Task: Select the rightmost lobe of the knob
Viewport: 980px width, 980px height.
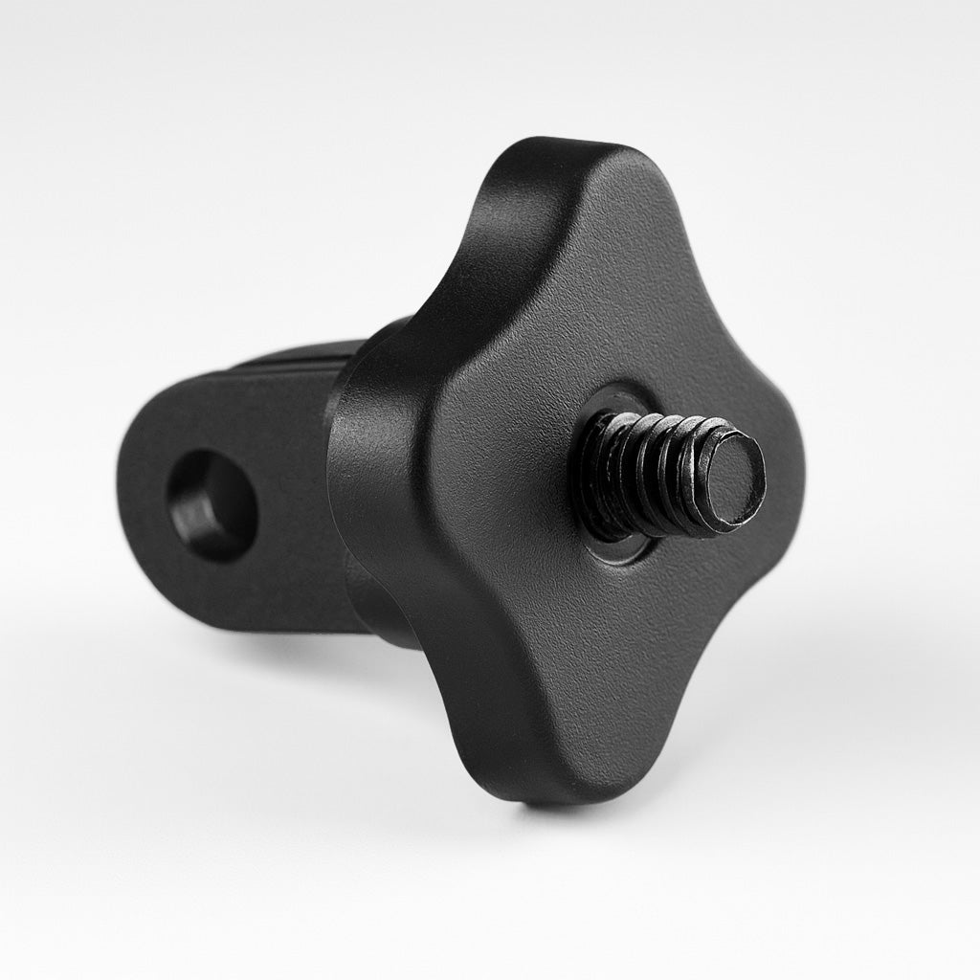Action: (766, 498)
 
